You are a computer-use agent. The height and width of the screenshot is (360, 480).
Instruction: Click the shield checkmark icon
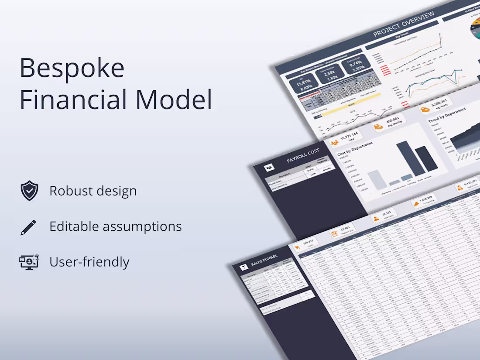(x=29, y=191)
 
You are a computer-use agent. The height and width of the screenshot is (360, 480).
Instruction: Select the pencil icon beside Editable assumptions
(x=28, y=227)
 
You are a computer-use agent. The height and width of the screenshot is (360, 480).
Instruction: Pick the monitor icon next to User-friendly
(x=29, y=262)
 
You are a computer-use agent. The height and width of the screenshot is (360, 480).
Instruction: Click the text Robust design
(x=93, y=191)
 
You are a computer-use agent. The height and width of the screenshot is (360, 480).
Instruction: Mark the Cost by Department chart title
(x=355, y=149)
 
